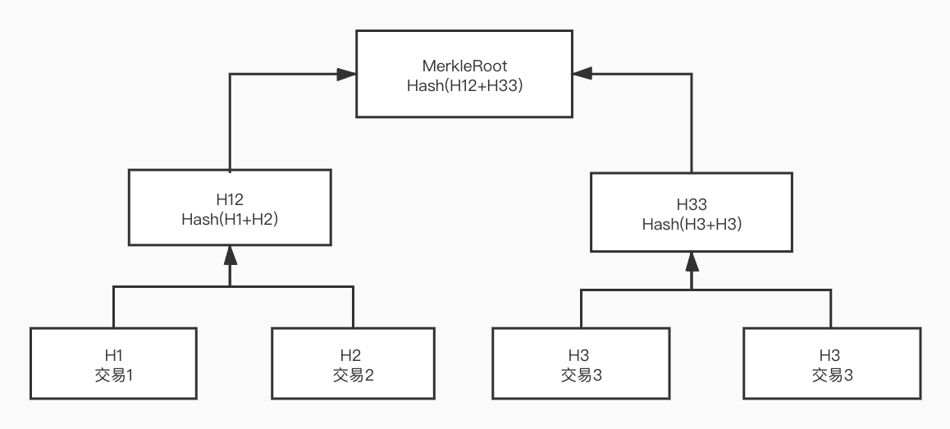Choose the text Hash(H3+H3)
(x=691, y=226)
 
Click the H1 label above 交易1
(x=113, y=356)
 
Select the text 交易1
(x=113, y=375)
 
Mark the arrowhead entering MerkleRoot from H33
(x=582, y=74)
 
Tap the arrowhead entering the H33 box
(x=692, y=262)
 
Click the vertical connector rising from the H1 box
(x=113, y=308)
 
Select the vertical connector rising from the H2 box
(x=354, y=308)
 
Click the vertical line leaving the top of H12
(x=231, y=123)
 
